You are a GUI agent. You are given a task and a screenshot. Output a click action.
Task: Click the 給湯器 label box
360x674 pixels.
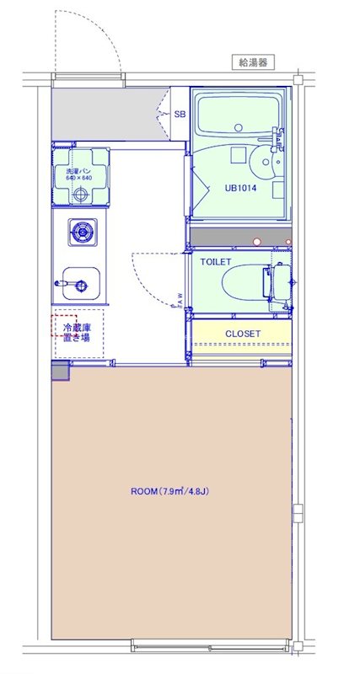[x=254, y=62]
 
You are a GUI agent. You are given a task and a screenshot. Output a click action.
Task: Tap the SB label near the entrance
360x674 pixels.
[x=180, y=115]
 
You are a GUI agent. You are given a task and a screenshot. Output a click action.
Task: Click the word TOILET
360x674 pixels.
[x=216, y=262]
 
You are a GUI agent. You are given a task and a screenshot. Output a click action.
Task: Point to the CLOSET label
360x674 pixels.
[x=243, y=334]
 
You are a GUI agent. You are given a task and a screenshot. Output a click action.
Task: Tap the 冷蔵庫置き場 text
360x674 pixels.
[x=74, y=331]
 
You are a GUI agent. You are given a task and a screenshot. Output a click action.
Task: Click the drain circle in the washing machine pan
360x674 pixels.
[x=81, y=195]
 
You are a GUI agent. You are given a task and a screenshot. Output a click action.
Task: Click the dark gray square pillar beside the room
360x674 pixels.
[x=61, y=372]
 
